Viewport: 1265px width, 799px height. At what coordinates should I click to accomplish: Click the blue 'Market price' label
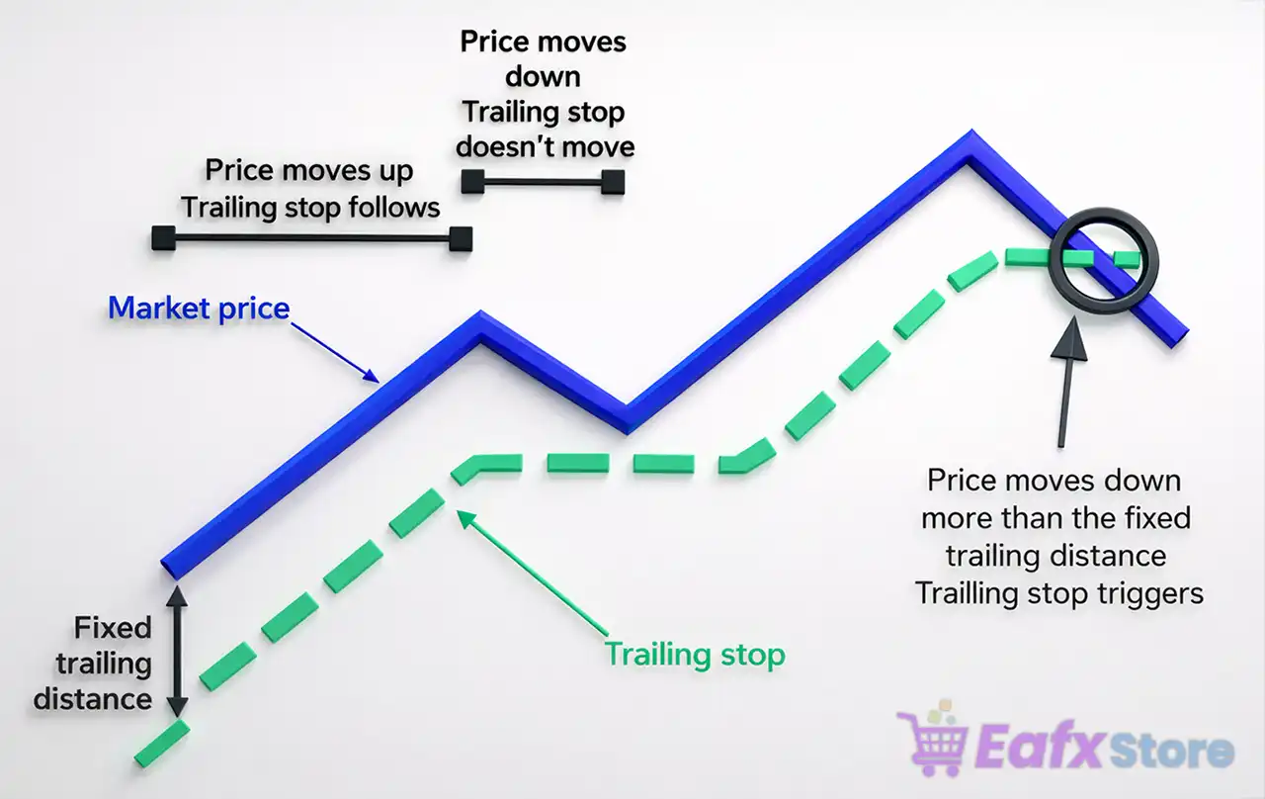click(x=198, y=309)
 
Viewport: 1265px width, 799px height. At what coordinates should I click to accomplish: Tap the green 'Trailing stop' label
click(x=694, y=655)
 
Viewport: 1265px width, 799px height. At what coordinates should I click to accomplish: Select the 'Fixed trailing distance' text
click(x=93, y=664)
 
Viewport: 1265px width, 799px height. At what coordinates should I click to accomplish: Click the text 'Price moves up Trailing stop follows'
click(x=309, y=188)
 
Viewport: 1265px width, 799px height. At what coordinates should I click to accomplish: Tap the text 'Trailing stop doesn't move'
click(x=545, y=130)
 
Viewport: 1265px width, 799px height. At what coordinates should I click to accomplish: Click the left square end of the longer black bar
click(x=163, y=237)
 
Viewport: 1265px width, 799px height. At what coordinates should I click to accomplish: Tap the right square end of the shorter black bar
click(x=613, y=181)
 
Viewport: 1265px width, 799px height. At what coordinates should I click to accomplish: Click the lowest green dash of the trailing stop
click(x=160, y=743)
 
